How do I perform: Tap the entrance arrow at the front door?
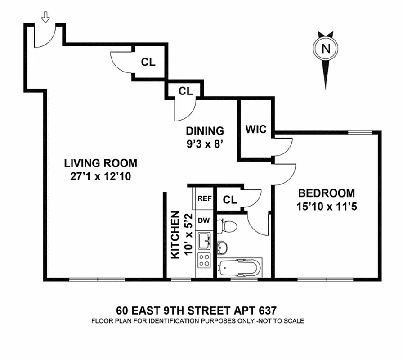click(x=45, y=17)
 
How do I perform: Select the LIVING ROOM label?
click(x=100, y=163)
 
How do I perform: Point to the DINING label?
click(x=205, y=131)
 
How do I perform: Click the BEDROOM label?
click(x=327, y=193)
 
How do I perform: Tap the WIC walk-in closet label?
click(x=255, y=130)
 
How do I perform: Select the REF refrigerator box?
click(x=205, y=198)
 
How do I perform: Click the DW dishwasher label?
click(x=205, y=220)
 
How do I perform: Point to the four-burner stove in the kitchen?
click(x=205, y=260)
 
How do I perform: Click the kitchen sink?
click(x=205, y=240)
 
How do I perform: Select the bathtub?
click(x=238, y=269)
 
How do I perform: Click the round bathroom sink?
click(x=222, y=247)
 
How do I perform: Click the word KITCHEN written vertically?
click(x=175, y=235)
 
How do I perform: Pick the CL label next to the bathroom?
click(x=230, y=200)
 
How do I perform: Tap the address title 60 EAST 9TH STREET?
click(x=196, y=310)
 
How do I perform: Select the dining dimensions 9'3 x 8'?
click(x=205, y=145)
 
